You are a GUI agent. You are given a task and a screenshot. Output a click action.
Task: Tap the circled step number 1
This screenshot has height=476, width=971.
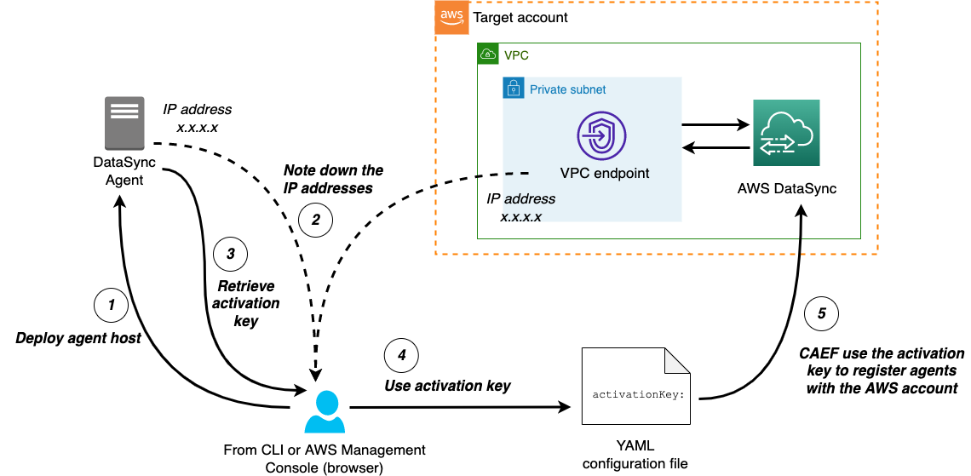(x=109, y=303)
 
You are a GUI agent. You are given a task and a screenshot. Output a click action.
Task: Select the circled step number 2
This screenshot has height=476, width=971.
(x=315, y=221)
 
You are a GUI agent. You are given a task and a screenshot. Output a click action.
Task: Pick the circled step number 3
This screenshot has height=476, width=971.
(x=231, y=253)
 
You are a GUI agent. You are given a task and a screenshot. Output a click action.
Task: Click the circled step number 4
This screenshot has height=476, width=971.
(x=401, y=354)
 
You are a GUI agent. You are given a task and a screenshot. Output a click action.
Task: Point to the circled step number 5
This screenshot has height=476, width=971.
(x=821, y=314)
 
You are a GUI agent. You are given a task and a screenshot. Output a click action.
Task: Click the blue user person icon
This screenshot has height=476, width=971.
(x=324, y=413)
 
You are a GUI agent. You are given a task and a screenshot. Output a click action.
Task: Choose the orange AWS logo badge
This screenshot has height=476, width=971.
(x=451, y=17)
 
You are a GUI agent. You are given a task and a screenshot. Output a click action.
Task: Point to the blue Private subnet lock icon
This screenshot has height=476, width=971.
(x=514, y=88)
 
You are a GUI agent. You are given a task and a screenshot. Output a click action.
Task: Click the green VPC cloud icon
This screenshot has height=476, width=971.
(x=489, y=54)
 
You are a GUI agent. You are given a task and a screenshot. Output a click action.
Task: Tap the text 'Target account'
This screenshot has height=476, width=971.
(x=520, y=18)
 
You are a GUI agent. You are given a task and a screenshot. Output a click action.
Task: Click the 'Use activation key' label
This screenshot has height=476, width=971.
(x=447, y=386)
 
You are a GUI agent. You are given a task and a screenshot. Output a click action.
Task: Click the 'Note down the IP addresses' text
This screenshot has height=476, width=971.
(x=333, y=179)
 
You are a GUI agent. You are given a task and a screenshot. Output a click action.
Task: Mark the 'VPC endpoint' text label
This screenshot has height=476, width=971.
(x=605, y=173)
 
